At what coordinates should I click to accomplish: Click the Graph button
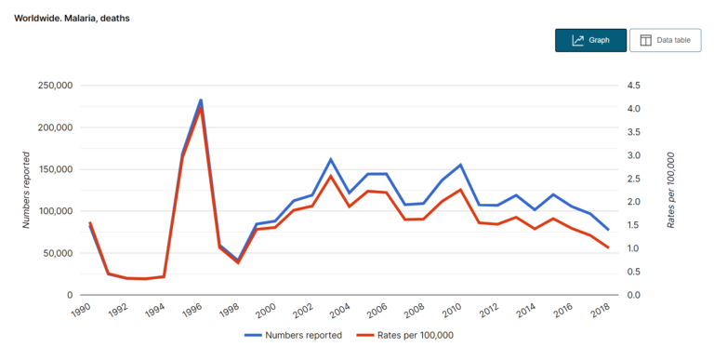tap(590, 40)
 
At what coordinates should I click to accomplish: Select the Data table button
tap(665, 40)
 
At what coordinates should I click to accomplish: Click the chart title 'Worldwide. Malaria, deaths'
tap(72, 18)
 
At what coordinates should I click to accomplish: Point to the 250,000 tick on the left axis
tap(53, 86)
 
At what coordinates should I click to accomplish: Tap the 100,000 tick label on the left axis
tap(53, 211)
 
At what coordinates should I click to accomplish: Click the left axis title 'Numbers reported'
tap(27, 190)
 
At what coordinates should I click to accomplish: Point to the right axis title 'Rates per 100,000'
tap(671, 190)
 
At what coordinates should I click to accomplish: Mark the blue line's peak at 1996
tap(201, 100)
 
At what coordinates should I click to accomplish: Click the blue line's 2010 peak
tap(460, 165)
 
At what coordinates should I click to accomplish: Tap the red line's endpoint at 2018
tap(608, 247)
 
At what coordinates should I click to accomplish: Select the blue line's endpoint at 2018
tap(608, 230)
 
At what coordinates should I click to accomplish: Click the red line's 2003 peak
tap(331, 176)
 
